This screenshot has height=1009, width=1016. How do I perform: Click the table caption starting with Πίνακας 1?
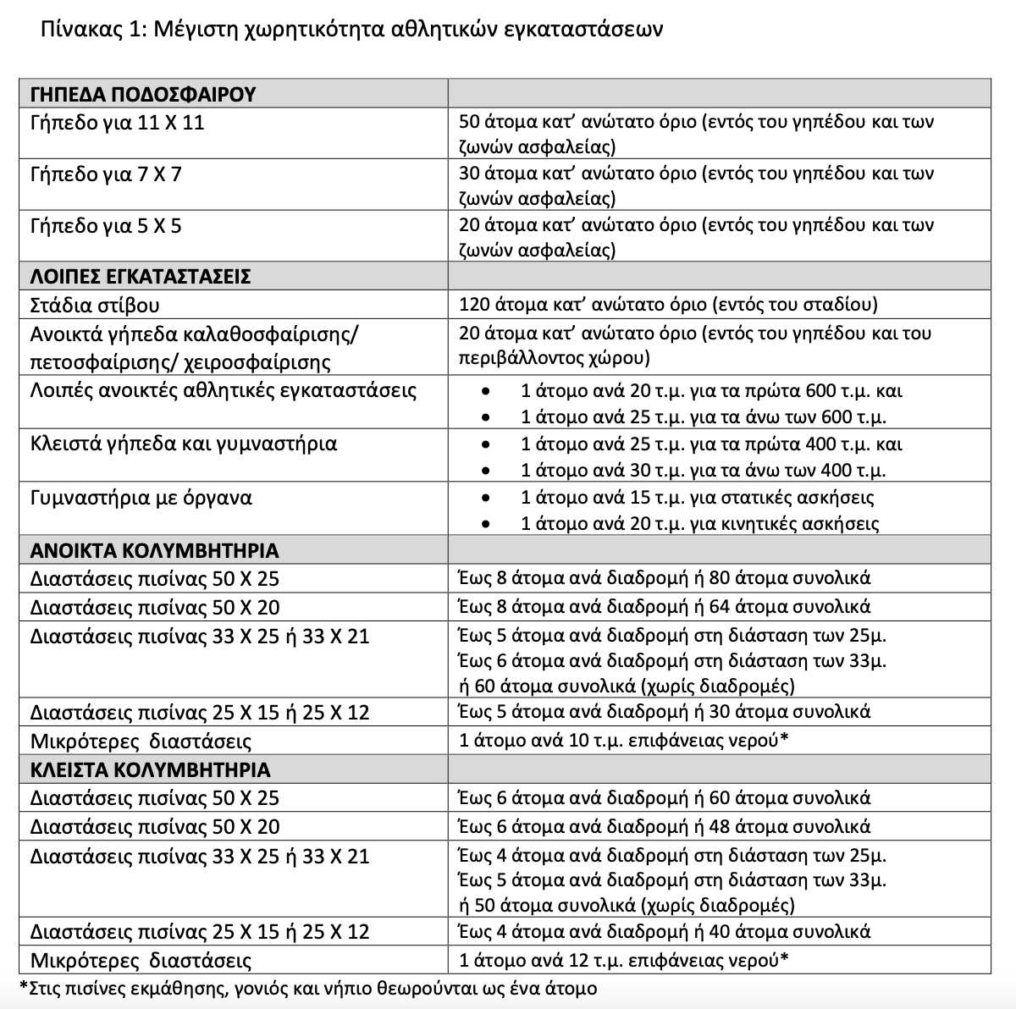(x=351, y=30)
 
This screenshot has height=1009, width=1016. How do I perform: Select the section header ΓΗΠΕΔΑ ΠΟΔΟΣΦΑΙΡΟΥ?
(x=142, y=94)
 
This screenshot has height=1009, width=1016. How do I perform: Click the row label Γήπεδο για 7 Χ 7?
(x=106, y=174)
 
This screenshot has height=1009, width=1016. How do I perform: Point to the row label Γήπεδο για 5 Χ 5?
(x=106, y=226)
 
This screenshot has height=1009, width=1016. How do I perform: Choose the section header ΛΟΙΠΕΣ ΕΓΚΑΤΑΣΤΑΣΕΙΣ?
(x=140, y=277)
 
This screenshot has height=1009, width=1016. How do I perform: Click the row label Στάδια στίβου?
(x=95, y=305)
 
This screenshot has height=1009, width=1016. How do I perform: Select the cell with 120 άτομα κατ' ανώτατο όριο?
(x=668, y=305)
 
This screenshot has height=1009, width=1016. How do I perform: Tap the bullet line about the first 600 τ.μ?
(x=711, y=391)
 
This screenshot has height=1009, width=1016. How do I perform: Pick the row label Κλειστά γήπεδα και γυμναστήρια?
(x=183, y=444)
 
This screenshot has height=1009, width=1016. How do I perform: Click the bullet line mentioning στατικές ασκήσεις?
(x=697, y=497)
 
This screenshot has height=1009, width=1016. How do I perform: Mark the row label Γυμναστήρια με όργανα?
(x=141, y=497)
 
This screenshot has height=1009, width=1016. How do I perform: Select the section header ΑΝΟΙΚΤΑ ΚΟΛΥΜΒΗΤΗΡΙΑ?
(x=154, y=551)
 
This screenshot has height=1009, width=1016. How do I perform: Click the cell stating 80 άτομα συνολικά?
(x=664, y=578)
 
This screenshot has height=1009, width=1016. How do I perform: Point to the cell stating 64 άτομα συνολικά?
(x=664, y=607)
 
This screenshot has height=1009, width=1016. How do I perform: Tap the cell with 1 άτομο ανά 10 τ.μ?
(x=623, y=741)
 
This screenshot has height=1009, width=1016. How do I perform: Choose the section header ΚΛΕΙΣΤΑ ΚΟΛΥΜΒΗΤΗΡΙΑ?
(x=150, y=770)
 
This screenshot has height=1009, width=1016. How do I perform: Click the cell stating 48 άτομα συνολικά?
(x=664, y=826)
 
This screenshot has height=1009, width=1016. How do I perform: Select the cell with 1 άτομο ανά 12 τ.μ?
(x=623, y=960)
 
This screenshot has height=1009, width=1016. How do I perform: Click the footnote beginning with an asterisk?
(x=308, y=988)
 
